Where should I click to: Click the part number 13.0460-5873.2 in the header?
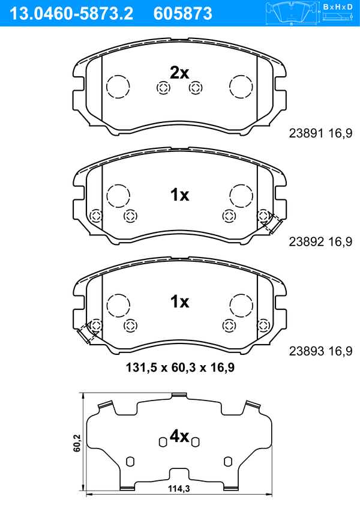tap(71, 13)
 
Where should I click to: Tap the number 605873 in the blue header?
tap(183, 13)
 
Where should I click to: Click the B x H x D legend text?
tap(338, 7)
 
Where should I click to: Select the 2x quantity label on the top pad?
tap(179, 73)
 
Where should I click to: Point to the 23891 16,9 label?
tap(320, 133)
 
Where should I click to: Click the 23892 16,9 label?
tap(320, 241)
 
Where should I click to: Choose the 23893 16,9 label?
tap(320, 351)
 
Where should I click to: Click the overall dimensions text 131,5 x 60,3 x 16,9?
tap(180, 367)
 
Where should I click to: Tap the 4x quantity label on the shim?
tap(179, 437)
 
